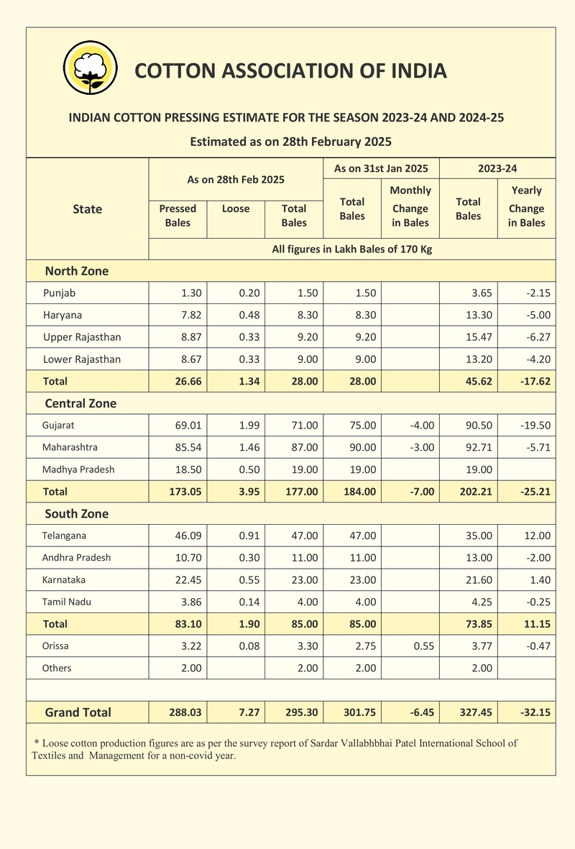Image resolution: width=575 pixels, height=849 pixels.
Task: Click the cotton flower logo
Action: click(x=91, y=68)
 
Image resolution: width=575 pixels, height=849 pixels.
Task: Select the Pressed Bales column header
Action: click(x=178, y=216)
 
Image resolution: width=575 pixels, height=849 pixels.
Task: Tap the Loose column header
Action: click(x=236, y=208)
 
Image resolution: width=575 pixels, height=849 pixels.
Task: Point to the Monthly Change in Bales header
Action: click(x=410, y=206)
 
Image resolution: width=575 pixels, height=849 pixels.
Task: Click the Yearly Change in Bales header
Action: click(x=526, y=206)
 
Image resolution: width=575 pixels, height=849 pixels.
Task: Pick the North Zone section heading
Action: click(x=77, y=271)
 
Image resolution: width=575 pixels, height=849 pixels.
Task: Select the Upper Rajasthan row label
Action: click(x=83, y=336)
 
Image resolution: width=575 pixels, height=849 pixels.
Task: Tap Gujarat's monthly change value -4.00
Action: click(x=422, y=425)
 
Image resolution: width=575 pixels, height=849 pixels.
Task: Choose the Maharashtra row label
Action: click(x=70, y=447)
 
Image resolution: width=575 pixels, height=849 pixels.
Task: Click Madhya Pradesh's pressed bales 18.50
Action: click(x=188, y=469)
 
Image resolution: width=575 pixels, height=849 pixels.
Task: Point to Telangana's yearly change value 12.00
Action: click(x=537, y=536)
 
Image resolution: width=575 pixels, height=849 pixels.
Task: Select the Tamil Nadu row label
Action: click(x=67, y=602)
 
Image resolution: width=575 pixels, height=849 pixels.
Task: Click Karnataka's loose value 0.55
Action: click(x=249, y=579)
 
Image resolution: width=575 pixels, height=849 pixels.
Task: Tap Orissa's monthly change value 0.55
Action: click(x=423, y=646)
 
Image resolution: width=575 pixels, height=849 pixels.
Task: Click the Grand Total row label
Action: click(x=78, y=712)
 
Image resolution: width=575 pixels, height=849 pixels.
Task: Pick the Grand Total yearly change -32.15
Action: click(x=535, y=712)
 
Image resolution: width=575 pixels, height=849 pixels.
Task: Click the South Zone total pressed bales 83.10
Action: click(x=188, y=624)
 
